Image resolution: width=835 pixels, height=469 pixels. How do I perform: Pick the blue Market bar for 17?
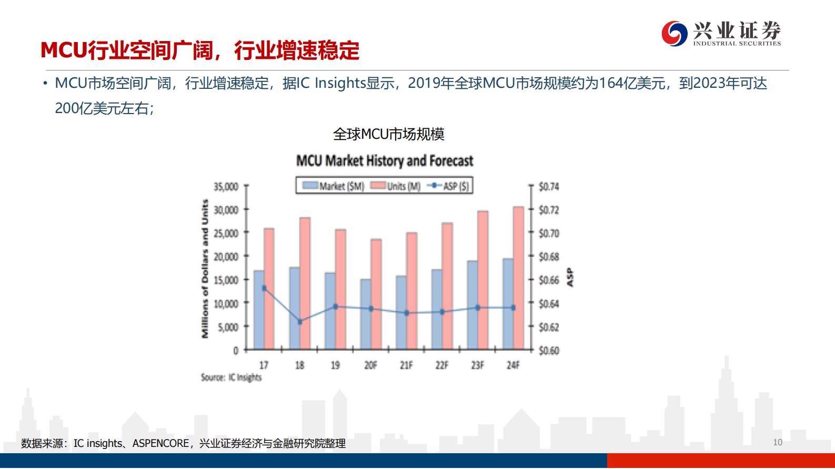click(x=258, y=310)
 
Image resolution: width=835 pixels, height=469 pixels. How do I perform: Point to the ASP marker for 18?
click(x=300, y=322)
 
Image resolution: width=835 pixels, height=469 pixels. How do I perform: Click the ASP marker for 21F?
click(x=406, y=313)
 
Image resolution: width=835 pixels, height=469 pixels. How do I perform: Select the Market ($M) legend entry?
click(x=334, y=186)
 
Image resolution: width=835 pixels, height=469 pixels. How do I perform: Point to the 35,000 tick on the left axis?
click(x=226, y=187)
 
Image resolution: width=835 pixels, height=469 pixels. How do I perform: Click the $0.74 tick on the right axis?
click(x=548, y=187)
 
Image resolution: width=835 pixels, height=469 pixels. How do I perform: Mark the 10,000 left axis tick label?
click(x=226, y=304)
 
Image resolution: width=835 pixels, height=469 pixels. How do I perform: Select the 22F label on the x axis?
click(x=442, y=365)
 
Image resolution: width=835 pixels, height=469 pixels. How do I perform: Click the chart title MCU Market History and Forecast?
click(x=385, y=161)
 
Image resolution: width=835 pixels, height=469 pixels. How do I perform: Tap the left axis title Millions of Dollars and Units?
click(x=205, y=269)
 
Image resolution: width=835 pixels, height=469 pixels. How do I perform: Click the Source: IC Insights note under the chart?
click(x=231, y=378)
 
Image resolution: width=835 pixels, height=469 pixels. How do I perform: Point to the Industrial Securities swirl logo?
click(x=674, y=34)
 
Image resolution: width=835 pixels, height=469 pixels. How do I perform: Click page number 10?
click(x=778, y=442)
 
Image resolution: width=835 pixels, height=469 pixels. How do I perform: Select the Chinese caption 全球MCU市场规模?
click(x=388, y=135)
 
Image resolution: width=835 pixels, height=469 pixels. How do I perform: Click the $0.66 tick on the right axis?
click(x=548, y=280)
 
